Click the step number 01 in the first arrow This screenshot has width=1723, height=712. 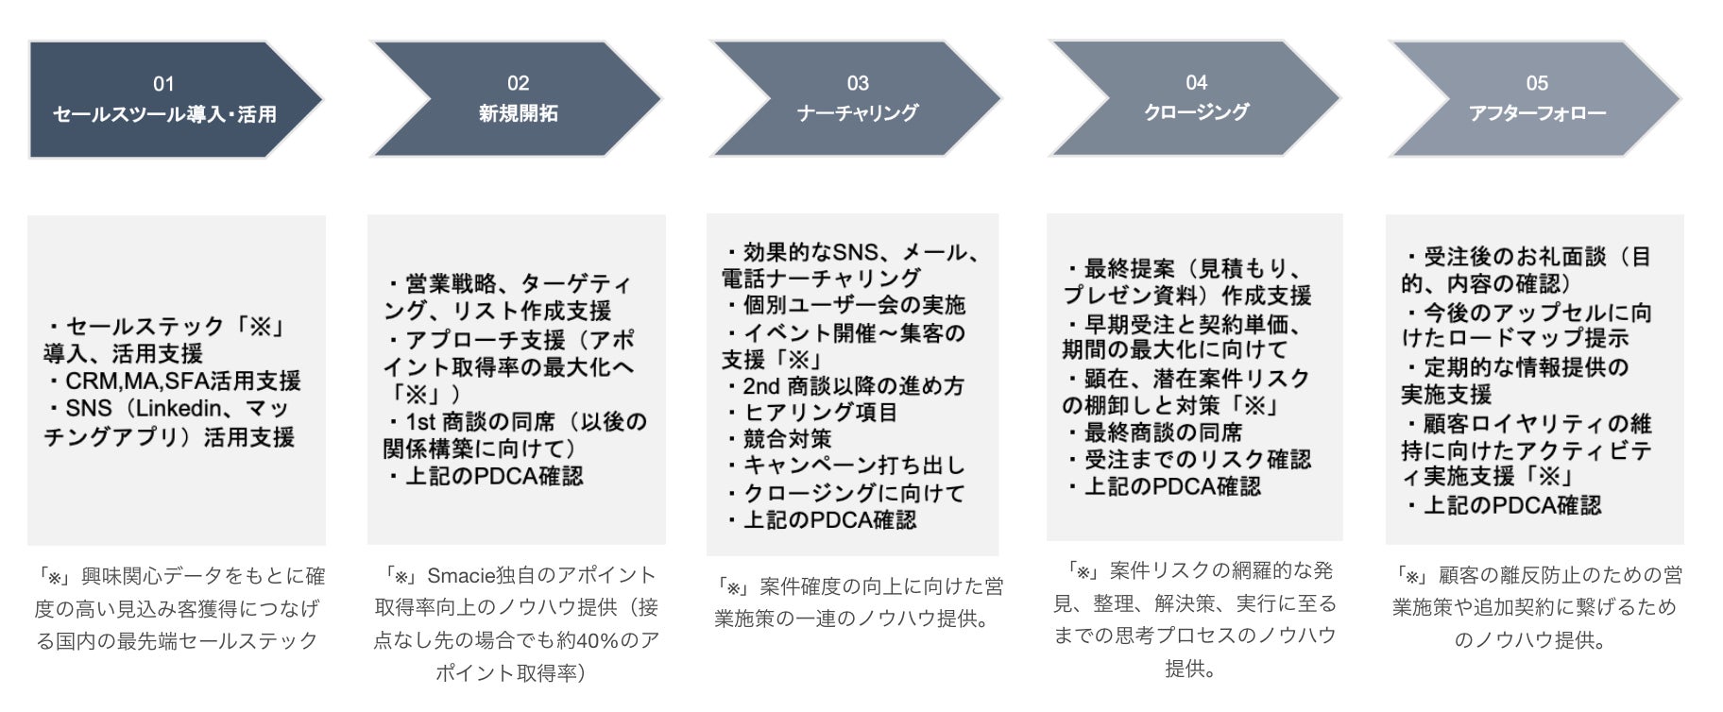163,84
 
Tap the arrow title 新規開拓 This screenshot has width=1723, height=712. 518,113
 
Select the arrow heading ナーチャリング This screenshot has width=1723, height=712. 857,113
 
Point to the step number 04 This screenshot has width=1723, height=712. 1196,83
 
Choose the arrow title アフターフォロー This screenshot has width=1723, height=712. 1537,113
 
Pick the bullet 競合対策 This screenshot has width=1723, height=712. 788,439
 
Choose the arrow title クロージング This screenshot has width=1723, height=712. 1196,112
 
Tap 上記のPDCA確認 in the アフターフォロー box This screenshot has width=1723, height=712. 1511,506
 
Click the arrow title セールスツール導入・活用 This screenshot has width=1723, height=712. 164,114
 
